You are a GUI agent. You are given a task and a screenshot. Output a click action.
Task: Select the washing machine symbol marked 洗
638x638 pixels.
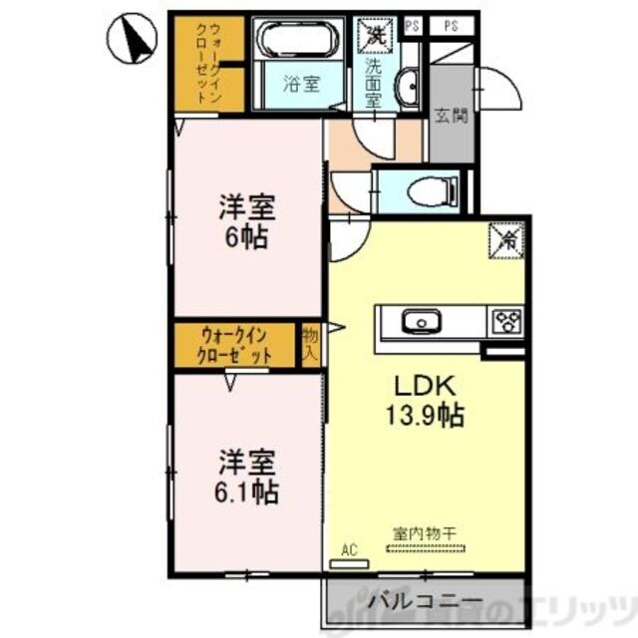point(377,34)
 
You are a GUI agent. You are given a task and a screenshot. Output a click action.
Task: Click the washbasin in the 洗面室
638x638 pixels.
point(408,87)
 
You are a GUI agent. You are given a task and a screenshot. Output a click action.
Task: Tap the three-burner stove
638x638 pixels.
point(506,321)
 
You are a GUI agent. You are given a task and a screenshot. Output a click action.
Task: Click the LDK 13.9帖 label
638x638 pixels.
point(428,399)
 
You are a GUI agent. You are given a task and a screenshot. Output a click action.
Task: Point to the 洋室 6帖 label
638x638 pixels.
point(246,224)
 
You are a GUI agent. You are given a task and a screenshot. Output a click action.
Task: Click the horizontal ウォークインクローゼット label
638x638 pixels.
point(235,345)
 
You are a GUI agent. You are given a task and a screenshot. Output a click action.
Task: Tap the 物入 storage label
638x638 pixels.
point(310,344)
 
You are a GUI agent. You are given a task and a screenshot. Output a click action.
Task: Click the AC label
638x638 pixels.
point(349,548)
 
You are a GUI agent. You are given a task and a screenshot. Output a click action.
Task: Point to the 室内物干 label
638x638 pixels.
point(425,533)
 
